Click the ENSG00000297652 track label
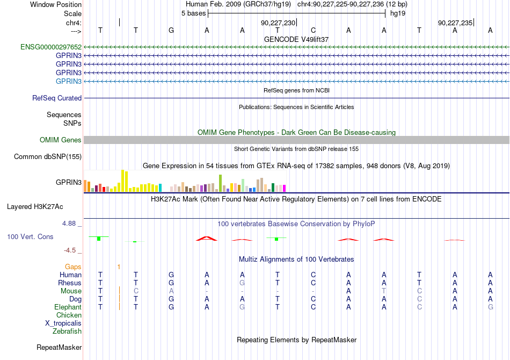coord(51,47)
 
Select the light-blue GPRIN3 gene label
coord(69,81)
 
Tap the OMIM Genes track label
coord(61,140)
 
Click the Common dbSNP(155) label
coord(48,156)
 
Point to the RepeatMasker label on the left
coord(59,347)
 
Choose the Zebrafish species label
coord(67,332)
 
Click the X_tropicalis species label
coord(63,323)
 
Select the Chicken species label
coord(69,315)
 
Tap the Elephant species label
coord(68,307)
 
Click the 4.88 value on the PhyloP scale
coord(69,224)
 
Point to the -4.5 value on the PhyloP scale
coord(70,250)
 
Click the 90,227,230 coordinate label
coord(278,23)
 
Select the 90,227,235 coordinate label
coord(455,23)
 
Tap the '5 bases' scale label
coord(193,13)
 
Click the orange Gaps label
coord(73,267)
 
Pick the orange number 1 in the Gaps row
coord(119,267)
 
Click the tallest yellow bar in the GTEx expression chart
coord(122,181)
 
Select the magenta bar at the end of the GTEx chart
coord(285,188)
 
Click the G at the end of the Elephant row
coord(491,307)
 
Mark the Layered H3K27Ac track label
coord(35,207)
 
